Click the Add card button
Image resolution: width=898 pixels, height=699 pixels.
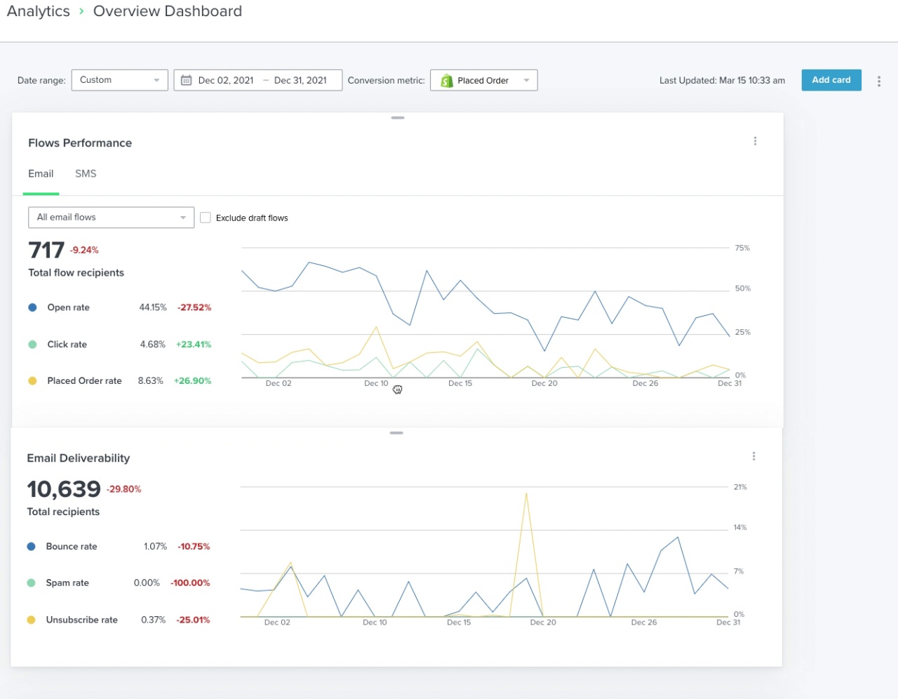pos(831,80)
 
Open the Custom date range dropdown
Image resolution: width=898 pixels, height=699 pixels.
pos(119,80)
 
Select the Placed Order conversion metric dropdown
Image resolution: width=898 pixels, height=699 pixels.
pos(483,81)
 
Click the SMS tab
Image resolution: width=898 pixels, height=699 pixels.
pos(86,174)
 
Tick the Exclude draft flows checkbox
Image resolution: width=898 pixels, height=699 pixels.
pos(206,218)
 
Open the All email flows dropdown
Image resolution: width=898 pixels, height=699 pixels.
pos(111,218)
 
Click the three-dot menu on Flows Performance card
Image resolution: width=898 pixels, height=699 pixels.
pos(755,141)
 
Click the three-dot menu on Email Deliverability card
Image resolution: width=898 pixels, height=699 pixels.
pos(753,456)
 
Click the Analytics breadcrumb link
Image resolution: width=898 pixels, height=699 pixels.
pos(39,11)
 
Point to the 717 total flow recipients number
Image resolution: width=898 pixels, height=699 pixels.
pos(46,250)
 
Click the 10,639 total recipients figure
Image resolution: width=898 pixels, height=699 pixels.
pos(64,488)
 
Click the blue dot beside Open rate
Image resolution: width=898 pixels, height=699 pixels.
pos(32,307)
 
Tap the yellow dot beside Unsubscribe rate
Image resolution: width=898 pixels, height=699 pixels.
pos(31,620)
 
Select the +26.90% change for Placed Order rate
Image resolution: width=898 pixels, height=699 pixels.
pos(192,381)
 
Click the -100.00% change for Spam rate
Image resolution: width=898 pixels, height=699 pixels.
pos(190,583)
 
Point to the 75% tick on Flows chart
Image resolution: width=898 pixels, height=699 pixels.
pos(742,248)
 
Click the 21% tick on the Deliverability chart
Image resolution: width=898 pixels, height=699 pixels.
pos(740,487)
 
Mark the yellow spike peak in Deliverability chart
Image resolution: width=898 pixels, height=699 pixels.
pos(526,493)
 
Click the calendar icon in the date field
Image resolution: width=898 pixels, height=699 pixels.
pos(187,81)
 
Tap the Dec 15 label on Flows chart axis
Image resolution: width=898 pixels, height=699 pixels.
pos(460,383)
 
